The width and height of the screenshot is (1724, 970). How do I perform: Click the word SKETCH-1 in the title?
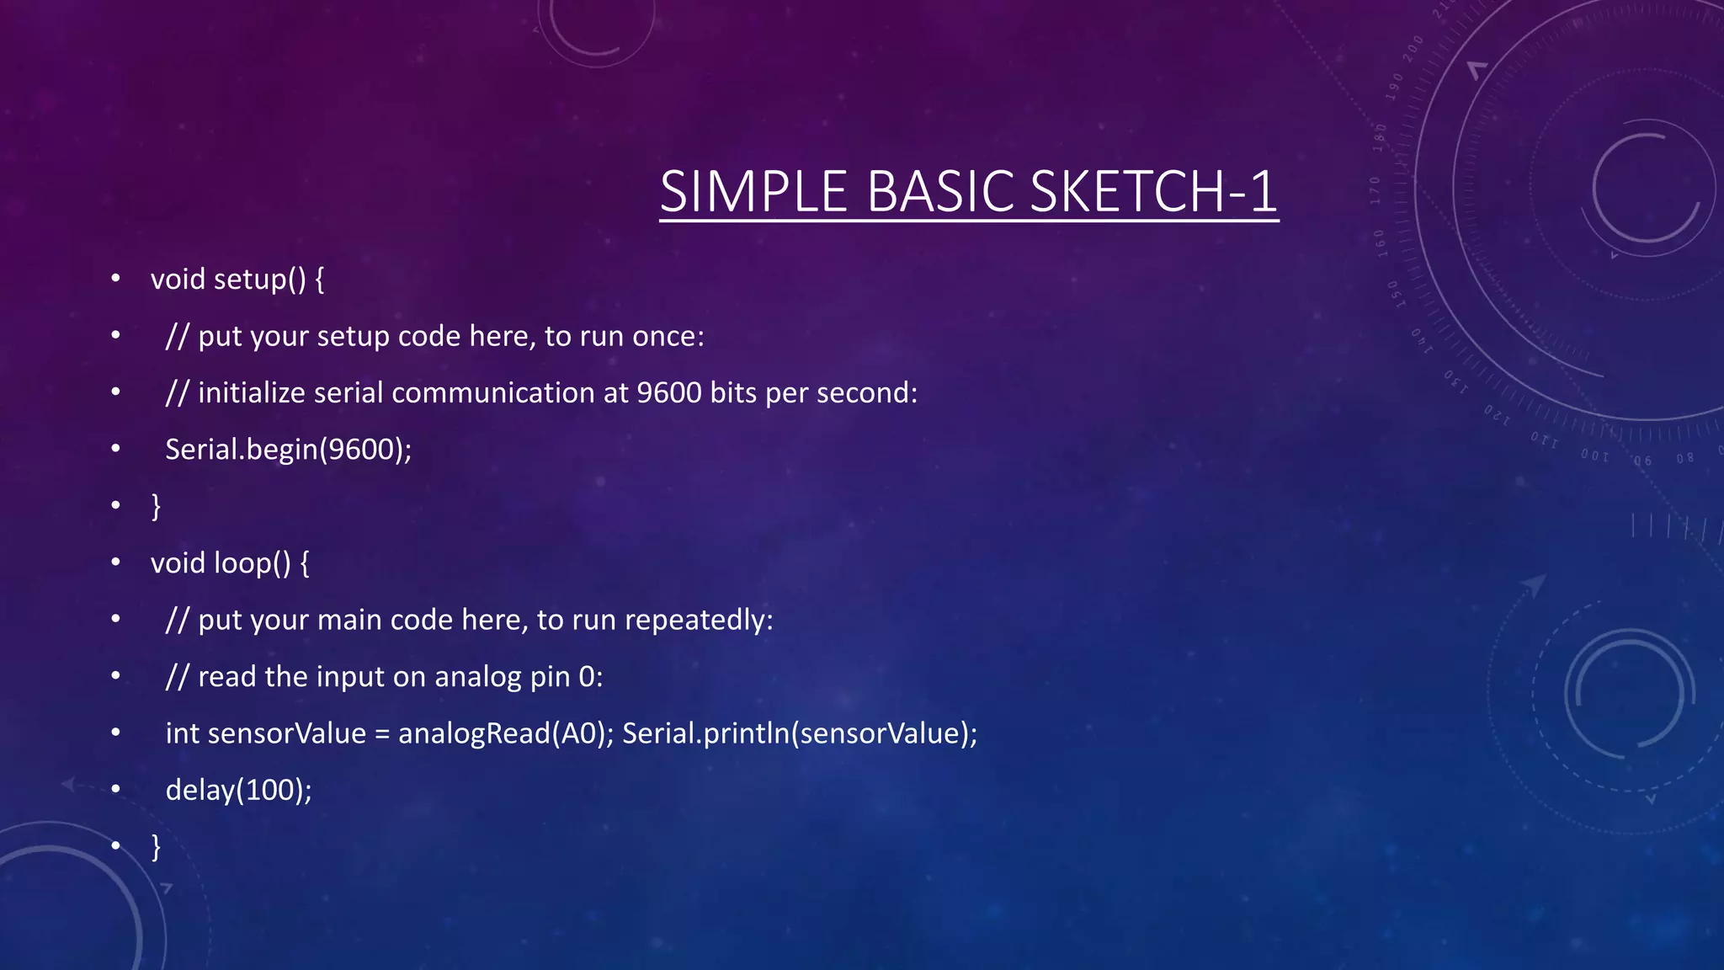coord(1153,192)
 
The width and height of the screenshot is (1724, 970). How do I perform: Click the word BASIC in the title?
coord(940,192)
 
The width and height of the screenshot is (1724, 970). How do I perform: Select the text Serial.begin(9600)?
coord(288,450)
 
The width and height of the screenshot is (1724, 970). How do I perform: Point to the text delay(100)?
coord(238,791)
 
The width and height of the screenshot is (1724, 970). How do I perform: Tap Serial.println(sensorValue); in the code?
coord(800,733)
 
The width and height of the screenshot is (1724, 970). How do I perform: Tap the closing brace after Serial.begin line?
coord(156,507)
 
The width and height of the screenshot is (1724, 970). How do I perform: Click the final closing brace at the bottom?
coord(156,847)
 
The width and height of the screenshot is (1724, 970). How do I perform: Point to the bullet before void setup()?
coord(116,279)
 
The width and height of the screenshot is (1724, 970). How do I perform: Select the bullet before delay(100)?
coord(116,790)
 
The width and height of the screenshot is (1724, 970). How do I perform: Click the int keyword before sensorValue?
coord(182,733)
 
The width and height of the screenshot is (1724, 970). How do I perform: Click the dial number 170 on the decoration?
coord(1375,190)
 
